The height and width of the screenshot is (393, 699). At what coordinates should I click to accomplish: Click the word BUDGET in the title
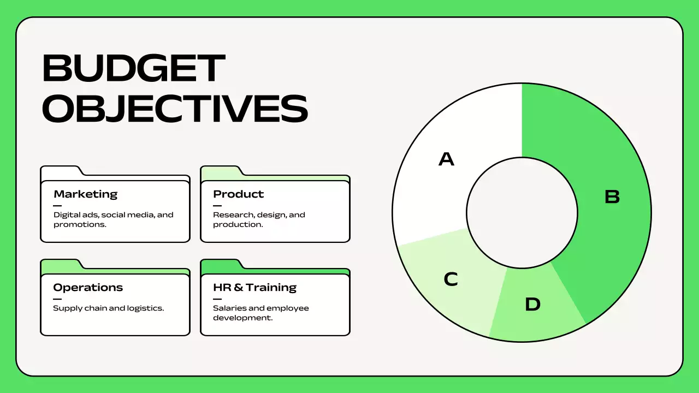[134, 69]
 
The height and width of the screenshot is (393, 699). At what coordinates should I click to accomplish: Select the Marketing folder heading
[85, 194]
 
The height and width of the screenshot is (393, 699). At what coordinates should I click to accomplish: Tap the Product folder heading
[238, 194]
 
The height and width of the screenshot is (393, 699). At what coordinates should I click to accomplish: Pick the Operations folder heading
[88, 287]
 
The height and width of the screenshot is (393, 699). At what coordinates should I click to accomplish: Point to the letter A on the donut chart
[446, 159]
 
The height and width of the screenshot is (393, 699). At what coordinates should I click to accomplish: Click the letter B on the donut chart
[612, 196]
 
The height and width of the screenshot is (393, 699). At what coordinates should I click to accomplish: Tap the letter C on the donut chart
[451, 279]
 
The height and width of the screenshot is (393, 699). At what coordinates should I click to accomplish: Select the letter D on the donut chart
[532, 304]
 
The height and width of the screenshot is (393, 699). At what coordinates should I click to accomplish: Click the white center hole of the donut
[522, 213]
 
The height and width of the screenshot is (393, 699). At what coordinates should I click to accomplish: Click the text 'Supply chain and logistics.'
[108, 308]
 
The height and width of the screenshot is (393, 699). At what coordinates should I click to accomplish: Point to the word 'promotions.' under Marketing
[79, 224]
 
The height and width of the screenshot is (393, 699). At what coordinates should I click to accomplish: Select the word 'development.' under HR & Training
[242, 318]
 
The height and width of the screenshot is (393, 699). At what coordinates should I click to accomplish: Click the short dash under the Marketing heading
[57, 206]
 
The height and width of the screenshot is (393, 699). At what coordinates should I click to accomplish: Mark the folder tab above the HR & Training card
[221, 265]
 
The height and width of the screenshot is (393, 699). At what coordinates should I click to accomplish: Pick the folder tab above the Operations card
[61, 265]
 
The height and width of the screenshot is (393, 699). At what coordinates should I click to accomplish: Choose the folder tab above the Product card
[221, 171]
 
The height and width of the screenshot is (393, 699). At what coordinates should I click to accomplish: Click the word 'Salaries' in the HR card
[228, 308]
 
